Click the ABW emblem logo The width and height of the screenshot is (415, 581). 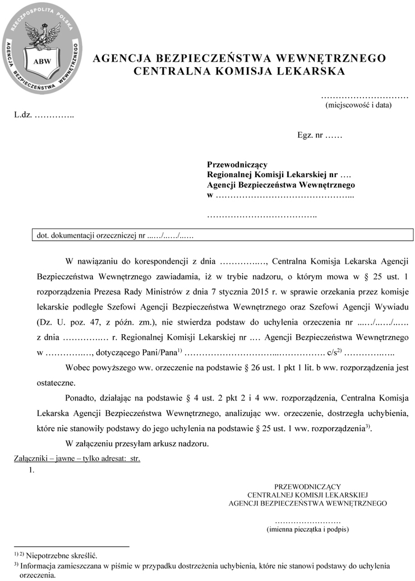pyautogui.click(x=41, y=48)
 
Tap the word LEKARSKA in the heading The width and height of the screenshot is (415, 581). pyautogui.click(x=310, y=71)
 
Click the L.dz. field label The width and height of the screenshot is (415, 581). pyautogui.click(x=24, y=114)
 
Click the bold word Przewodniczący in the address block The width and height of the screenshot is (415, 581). pyautogui.click(x=237, y=165)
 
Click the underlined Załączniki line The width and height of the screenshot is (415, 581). pyautogui.click(x=77, y=458)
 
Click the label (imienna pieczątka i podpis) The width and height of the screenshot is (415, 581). pyautogui.click(x=307, y=529)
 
